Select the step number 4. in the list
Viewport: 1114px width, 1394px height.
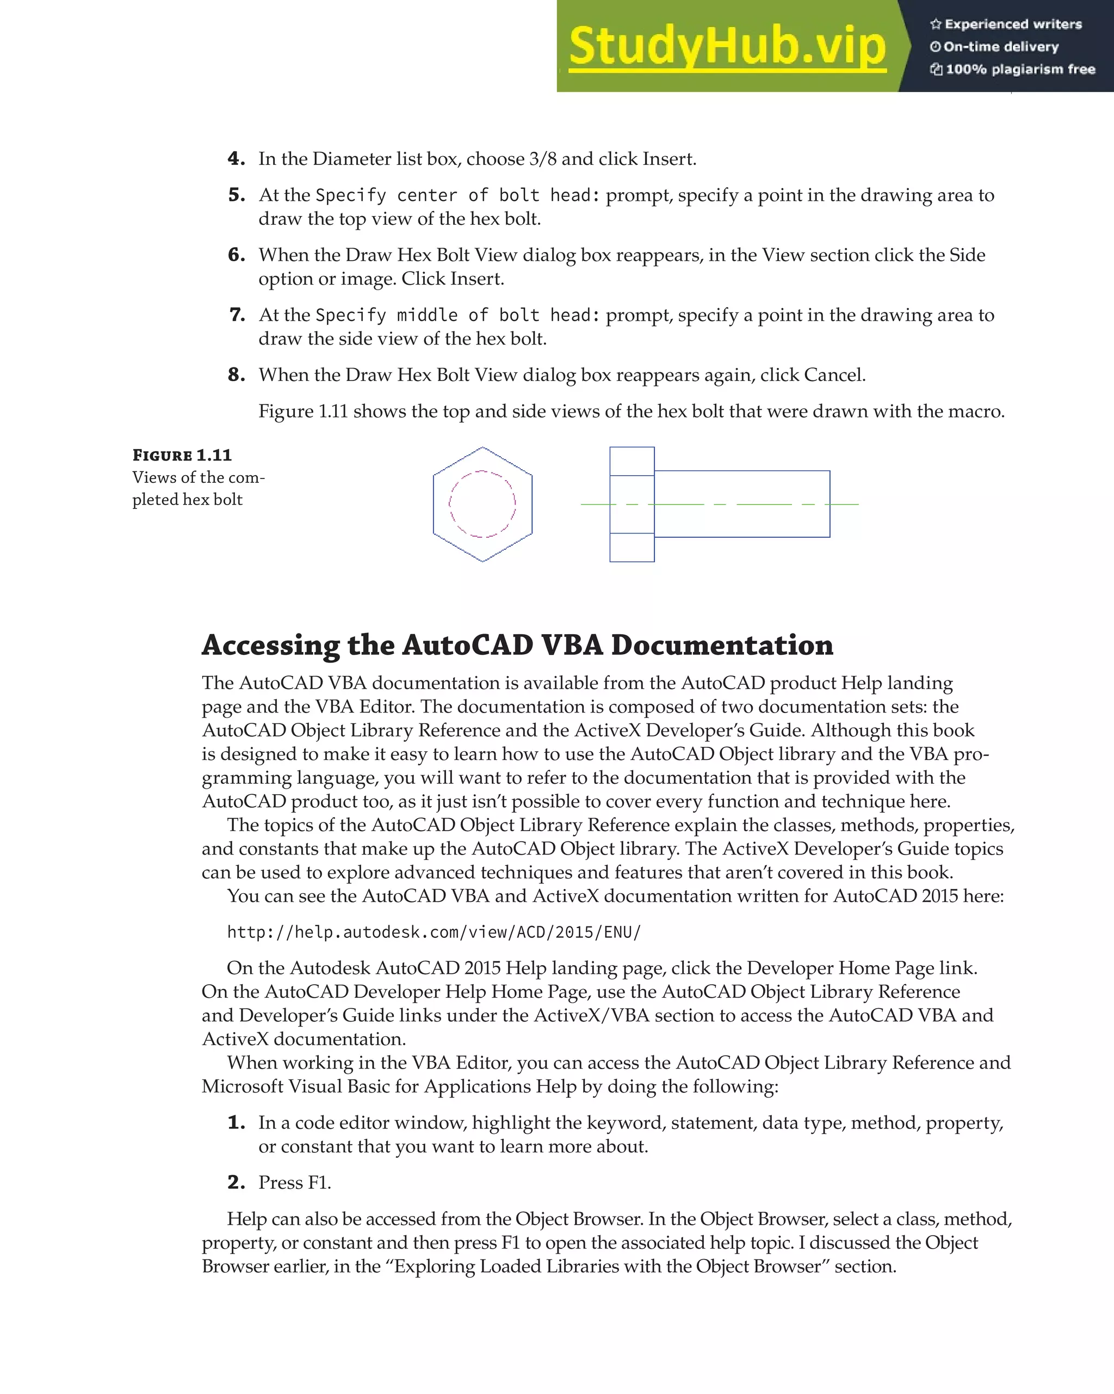click(236, 159)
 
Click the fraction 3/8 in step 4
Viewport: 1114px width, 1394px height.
click(542, 159)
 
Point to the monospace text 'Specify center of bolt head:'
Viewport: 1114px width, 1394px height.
click(457, 195)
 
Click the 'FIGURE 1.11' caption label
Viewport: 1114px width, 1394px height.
click(182, 455)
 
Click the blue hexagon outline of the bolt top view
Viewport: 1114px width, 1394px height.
click(434, 505)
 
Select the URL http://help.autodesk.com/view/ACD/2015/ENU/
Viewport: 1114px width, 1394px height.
click(434, 932)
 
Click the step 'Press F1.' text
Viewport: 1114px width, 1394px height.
click(295, 1183)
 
